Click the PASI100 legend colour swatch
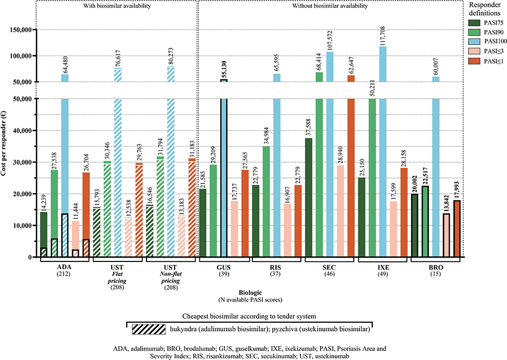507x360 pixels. coord(475,41)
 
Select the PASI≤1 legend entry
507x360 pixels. coord(486,61)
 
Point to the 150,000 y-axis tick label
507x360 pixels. coord(19,30)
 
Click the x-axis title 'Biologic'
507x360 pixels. coord(250,293)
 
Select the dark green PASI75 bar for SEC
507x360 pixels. coord(309,198)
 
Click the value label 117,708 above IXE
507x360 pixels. coord(383,36)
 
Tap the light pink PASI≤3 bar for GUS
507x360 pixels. coord(234,229)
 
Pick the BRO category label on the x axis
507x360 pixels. coord(436,268)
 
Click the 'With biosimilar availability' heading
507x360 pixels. coord(117,6)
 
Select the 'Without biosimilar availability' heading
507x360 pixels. coord(330,6)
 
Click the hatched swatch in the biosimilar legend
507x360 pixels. coord(149,329)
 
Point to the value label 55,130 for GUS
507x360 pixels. coord(224,69)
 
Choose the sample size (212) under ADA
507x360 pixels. coord(64,274)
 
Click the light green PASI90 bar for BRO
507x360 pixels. coord(425,221)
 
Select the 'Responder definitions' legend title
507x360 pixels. coord(484,9)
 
